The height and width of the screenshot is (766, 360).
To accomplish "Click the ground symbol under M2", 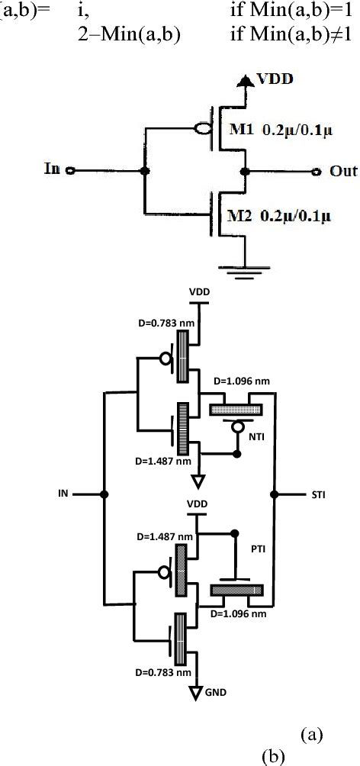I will pos(243,272).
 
